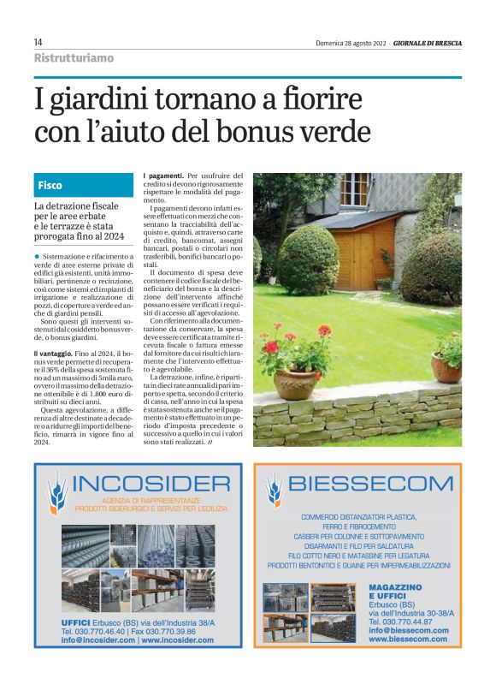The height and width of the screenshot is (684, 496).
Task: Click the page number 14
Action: point(38,42)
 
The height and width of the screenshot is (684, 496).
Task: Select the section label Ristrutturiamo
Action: point(74,58)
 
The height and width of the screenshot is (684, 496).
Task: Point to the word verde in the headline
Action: point(332,134)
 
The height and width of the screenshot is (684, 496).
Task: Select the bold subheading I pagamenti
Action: point(163,175)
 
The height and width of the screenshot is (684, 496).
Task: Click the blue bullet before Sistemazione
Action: point(37,255)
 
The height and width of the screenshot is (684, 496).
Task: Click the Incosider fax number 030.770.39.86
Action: point(176,630)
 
